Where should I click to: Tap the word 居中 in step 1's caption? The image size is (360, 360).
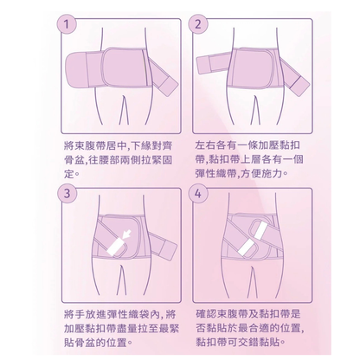click(x=121, y=142)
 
